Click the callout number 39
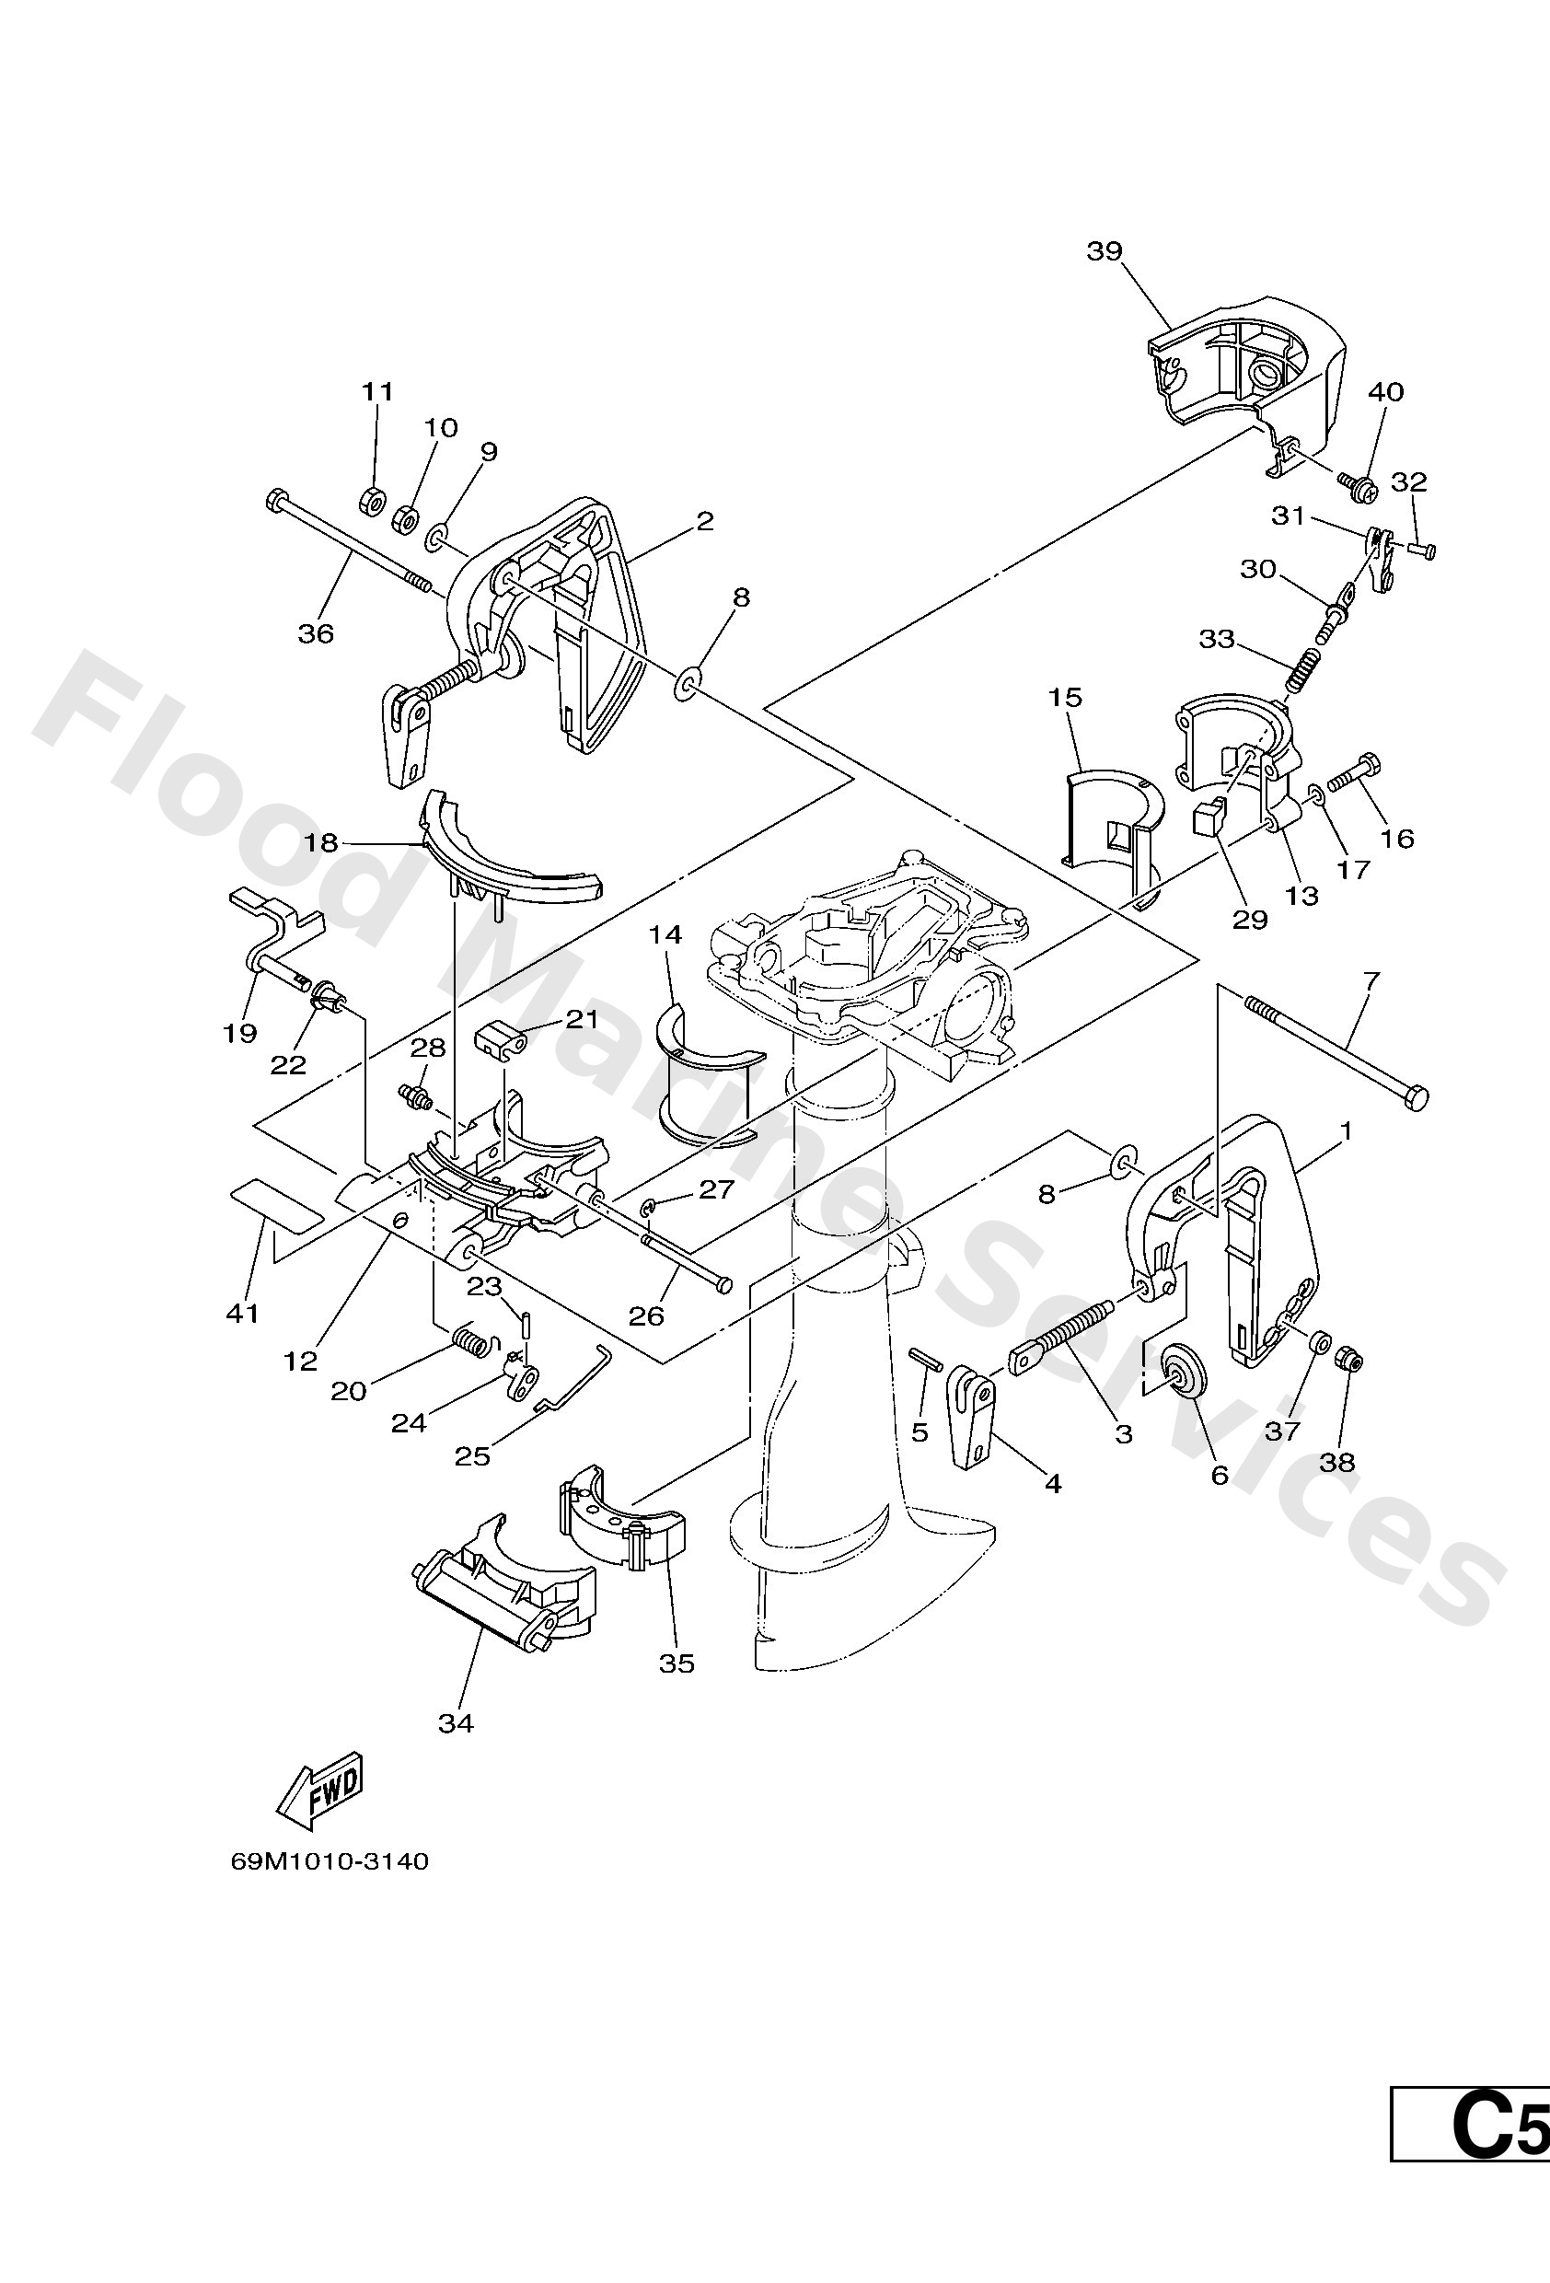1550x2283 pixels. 1105,251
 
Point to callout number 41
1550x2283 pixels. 243,1314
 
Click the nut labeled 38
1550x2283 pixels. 1348,1361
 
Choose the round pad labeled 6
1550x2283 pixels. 1174,1370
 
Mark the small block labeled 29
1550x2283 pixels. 1209,816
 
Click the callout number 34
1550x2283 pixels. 457,1723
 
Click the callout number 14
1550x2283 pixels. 665,934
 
